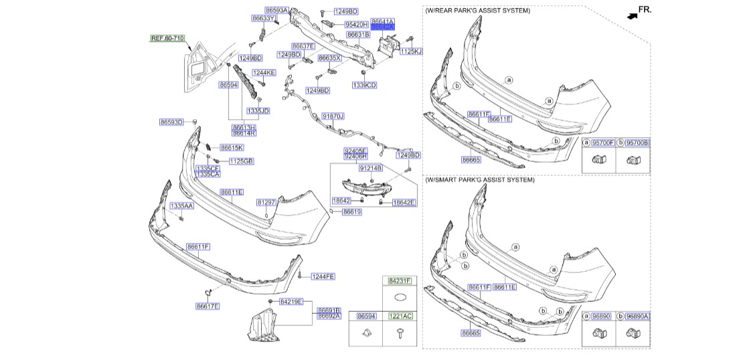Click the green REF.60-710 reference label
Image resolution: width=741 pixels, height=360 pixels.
click(167, 39)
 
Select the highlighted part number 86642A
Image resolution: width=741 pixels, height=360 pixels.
click(383, 27)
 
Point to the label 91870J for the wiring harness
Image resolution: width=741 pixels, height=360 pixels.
click(333, 116)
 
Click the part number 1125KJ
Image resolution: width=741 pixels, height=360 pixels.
click(411, 51)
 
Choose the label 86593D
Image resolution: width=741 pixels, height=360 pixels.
click(171, 122)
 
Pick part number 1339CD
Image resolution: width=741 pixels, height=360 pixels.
click(365, 85)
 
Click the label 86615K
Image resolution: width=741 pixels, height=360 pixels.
click(232, 147)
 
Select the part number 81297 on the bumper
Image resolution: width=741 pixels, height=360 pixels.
click(266, 201)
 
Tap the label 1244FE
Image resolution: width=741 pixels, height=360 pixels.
click(323, 276)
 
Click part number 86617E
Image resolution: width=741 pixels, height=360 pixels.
click(208, 306)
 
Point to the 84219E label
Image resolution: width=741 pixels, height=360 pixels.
click(291, 302)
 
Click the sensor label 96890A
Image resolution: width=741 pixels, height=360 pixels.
click(637, 315)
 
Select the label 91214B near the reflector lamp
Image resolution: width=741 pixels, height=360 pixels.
click(370, 169)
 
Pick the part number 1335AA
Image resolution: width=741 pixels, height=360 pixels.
click(181, 205)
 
